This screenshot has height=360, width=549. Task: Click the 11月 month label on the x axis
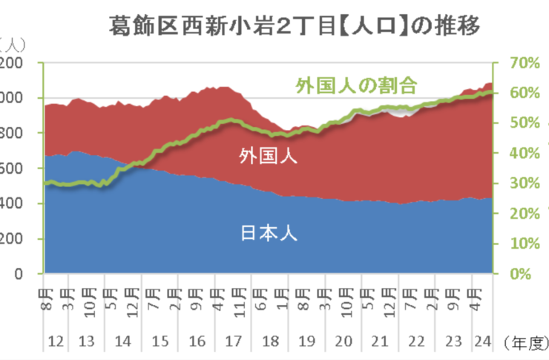pyautogui.click(x=239, y=295)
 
